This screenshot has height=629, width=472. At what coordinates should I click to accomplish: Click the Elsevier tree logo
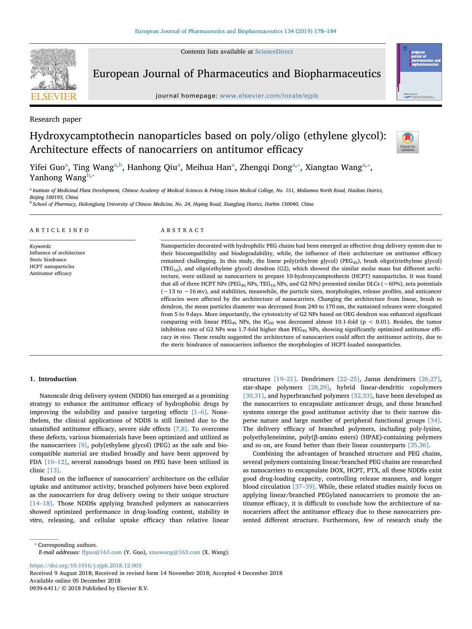point(53,71)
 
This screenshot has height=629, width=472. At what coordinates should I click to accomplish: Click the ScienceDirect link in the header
point(274,52)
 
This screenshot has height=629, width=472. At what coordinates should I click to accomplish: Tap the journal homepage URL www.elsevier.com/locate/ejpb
point(269,96)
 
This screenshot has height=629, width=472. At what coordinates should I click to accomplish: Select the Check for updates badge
point(407,142)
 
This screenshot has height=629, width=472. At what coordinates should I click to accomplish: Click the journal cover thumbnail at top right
point(419,72)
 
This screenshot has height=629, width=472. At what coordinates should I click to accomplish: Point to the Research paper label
point(56,119)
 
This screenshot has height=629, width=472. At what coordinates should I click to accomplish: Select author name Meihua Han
point(208,167)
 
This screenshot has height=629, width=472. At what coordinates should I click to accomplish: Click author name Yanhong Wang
point(58,178)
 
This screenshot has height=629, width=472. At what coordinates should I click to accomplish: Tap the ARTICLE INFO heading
point(60,230)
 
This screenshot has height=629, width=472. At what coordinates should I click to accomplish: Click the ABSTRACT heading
point(183,230)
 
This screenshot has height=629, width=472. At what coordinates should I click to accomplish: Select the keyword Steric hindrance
point(48,260)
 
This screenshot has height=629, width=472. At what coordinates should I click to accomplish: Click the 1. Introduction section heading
point(53,379)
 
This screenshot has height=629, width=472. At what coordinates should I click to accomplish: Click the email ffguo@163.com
point(102,552)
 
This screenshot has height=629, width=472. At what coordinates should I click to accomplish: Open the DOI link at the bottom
point(85,565)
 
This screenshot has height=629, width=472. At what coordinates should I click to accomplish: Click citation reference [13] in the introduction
point(54,470)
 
